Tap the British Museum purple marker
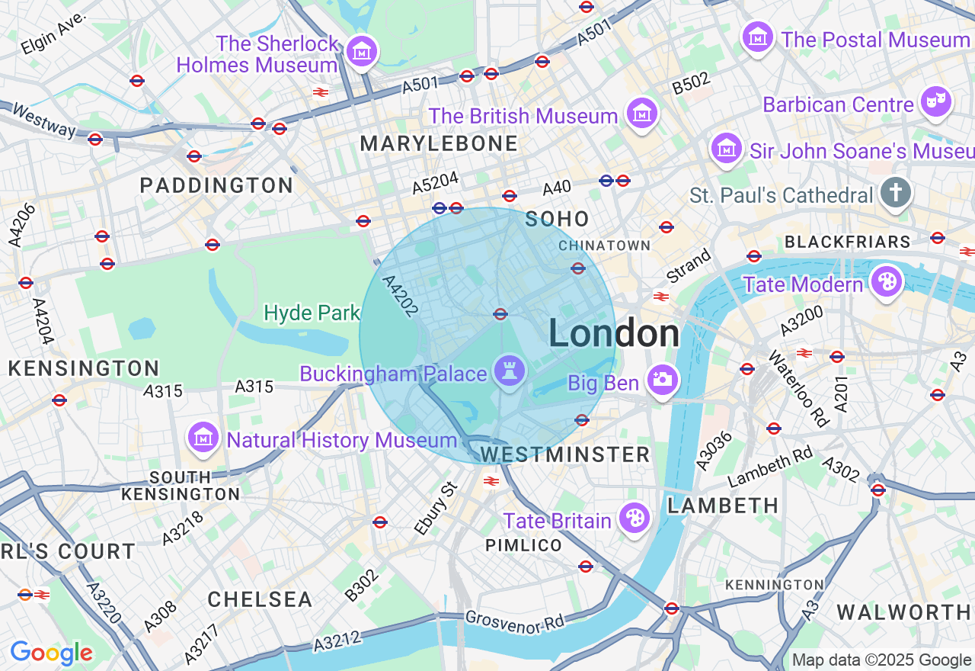tap(642, 114)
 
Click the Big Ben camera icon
tap(662, 379)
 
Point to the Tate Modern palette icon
tap(887, 282)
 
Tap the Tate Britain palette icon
tap(634, 519)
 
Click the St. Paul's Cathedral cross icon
tap(895, 193)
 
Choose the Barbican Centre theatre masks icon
tap(935, 102)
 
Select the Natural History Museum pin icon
tap(203, 438)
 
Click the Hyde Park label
tap(312, 313)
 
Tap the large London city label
tap(614, 334)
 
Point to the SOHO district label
tap(558, 220)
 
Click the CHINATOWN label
tap(604, 246)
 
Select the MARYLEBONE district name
tap(439, 143)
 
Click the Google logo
tap(51, 653)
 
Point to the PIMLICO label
tap(524, 546)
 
